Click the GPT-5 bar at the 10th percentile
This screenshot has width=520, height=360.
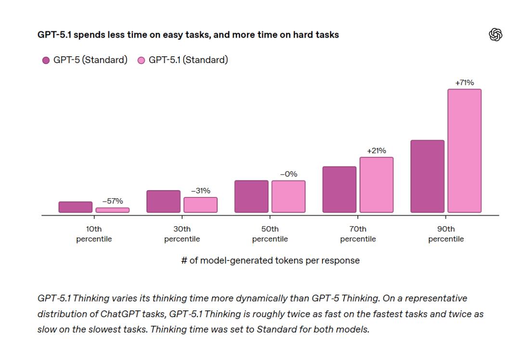tap(76, 207)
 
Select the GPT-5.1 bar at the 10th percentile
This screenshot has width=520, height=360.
tap(113, 210)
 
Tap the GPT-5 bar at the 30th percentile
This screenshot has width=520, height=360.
tap(163, 201)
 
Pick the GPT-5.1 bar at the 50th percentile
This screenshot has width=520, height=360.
tap(288, 196)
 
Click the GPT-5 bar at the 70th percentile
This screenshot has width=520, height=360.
tap(339, 189)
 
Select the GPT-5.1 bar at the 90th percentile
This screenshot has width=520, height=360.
tap(465, 151)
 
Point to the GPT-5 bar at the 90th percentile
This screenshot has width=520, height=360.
tap(428, 176)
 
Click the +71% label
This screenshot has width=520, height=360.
tap(465, 83)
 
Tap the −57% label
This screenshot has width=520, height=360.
tap(113, 201)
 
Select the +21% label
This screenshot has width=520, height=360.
tap(377, 151)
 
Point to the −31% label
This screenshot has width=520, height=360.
tap(200, 191)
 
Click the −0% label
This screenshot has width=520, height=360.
tap(288, 174)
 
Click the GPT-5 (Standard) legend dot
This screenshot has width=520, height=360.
tap(46, 61)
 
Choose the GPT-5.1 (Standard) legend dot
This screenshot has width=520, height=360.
tap(142, 61)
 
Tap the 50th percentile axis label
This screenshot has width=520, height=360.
tap(270, 234)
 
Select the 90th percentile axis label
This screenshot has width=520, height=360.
tap(446, 234)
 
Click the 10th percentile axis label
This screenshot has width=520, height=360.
tap(94, 234)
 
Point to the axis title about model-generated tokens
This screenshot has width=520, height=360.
tap(270, 261)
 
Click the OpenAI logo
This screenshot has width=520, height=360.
tap(495, 35)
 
